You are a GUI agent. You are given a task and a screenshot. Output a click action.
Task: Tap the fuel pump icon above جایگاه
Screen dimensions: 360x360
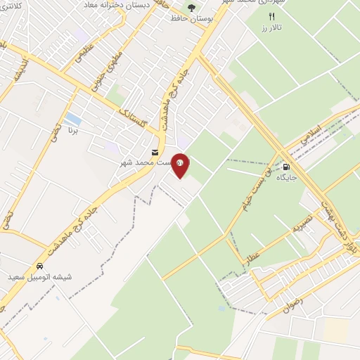coord(287,167)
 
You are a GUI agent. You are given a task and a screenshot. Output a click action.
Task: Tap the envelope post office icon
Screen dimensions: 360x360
coord(155,152)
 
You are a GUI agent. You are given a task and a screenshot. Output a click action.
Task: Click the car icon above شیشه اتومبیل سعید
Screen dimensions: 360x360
coord(39,266)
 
